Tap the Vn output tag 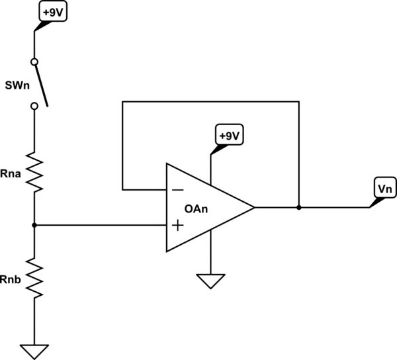(x=384, y=188)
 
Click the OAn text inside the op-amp (x=197, y=208)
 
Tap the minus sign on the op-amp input (x=177, y=189)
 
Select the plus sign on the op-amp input (x=177, y=226)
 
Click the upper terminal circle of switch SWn (x=34, y=62)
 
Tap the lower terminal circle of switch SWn (x=34, y=106)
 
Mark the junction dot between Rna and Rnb (x=34, y=225)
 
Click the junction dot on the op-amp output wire (x=299, y=207)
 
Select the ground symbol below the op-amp (x=210, y=281)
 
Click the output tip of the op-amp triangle (x=254, y=207)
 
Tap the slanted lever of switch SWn (x=41, y=83)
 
